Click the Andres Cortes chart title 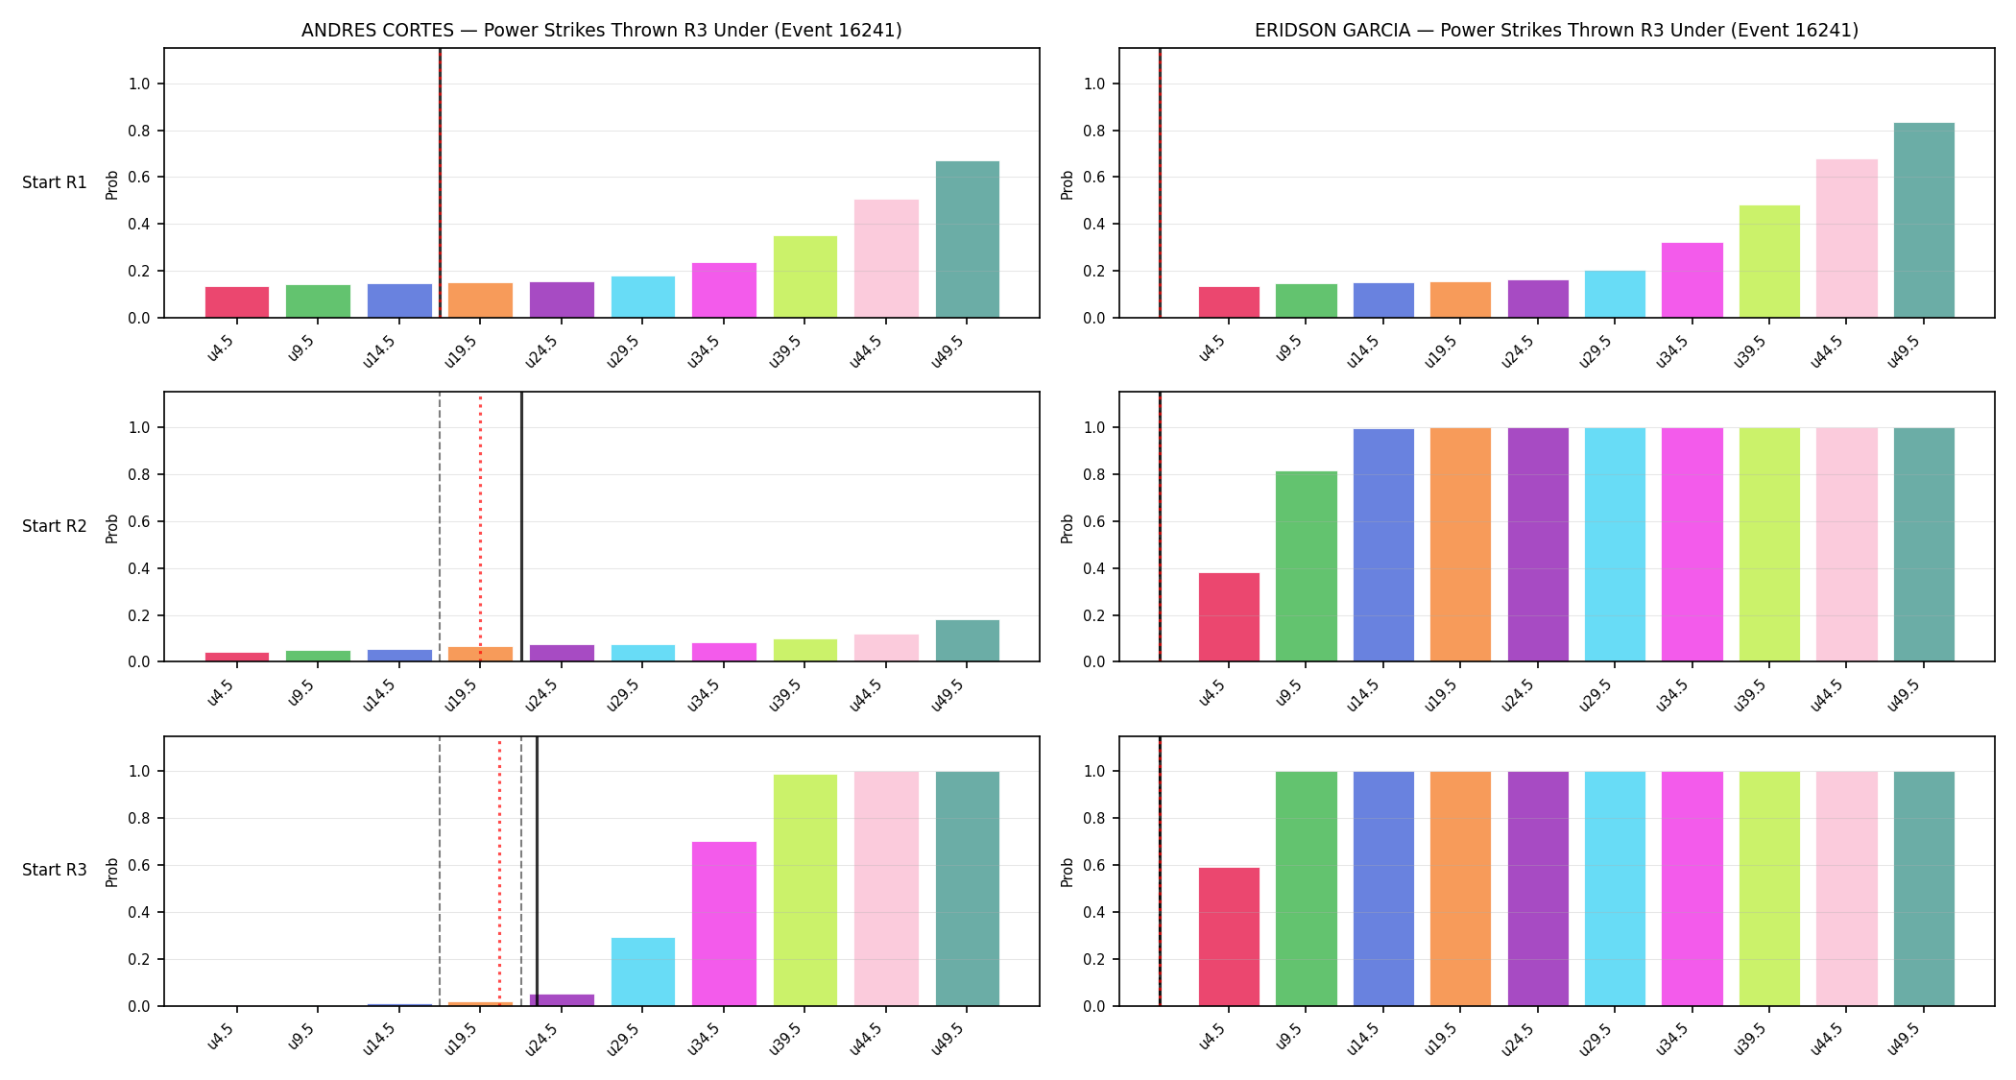(x=602, y=30)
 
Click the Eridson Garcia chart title (x=1556, y=30)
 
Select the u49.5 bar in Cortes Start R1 (x=968, y=239)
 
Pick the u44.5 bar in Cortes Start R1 (x=886, y=258)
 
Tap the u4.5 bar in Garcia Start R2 (x=1229, y=617)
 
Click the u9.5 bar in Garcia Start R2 (x=1307, y=566)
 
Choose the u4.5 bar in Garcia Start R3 (x=1229, y=937)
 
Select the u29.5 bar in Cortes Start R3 (x=643, y=972)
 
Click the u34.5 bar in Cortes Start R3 (x=724, y=924)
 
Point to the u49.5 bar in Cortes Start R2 (x=968, y=640)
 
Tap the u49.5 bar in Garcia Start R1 (x=1924, y=220)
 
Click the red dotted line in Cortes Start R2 (x=480, y=527)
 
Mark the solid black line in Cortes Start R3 (x=537, y=871)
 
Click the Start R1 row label (x=55, y=182)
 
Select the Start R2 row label (x=55, y=526)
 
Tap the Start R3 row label (x=55, y=870)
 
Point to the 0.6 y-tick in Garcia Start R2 (x=1095, y=521)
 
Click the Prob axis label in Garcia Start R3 (x=1068, y=872)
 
